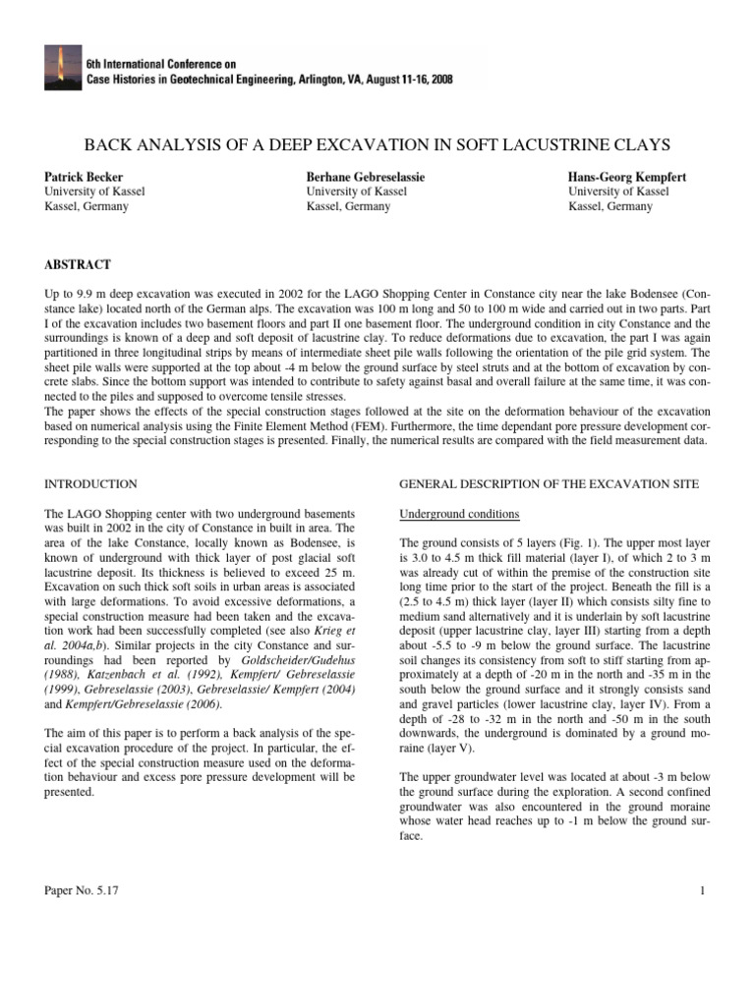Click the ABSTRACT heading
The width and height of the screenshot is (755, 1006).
[78, 265]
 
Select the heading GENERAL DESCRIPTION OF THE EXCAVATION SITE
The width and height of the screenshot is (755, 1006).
[550, 483]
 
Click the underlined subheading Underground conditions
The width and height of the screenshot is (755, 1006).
[460, 515]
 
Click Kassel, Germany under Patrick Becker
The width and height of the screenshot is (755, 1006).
[87, 207]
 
